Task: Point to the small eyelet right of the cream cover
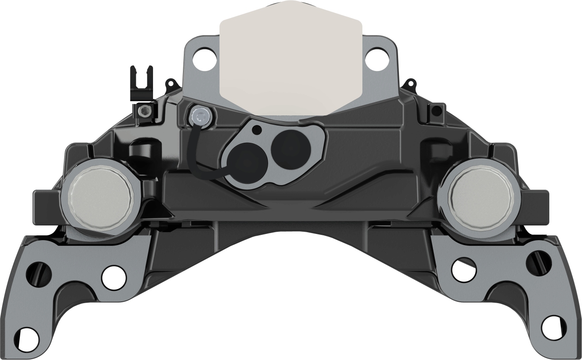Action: coord(410,82)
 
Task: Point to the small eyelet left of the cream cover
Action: coord(170,83)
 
